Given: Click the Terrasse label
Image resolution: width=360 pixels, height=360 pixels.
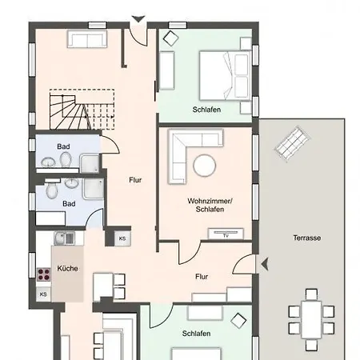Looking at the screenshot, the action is point(306,238).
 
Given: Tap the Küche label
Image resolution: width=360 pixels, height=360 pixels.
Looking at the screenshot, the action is point(67,268).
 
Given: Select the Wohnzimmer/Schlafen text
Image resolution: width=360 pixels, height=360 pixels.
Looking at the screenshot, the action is point(210,205).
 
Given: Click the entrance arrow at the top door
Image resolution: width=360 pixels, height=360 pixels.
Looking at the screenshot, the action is point(138,19).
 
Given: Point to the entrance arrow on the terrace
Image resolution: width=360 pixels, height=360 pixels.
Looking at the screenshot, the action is point(265,265).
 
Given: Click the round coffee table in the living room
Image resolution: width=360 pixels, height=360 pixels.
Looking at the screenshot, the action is point(205,166).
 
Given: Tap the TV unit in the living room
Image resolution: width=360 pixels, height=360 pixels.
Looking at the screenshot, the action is point(226,234).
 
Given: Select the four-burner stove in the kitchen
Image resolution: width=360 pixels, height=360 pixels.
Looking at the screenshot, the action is point(44,274).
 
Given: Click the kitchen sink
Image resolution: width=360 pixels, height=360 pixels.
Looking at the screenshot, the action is point(65,238).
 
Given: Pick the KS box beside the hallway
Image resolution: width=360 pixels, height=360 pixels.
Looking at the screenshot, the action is point(122,238).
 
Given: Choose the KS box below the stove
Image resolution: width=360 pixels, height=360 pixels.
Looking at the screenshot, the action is point(43,294).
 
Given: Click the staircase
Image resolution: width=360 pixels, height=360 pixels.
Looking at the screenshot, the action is point(82,110).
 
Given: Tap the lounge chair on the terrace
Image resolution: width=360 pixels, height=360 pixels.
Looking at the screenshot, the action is point(292,144).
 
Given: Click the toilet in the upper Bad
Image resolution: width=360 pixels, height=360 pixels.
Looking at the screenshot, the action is point(66,159).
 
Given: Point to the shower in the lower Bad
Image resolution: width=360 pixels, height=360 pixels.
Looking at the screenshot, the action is point(93,189).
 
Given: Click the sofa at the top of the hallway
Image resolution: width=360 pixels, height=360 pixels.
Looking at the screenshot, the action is point(87,39).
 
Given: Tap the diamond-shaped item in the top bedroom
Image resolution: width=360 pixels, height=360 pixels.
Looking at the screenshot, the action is point(170,38).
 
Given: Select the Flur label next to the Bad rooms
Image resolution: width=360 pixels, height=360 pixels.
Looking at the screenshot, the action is point(135,180).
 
